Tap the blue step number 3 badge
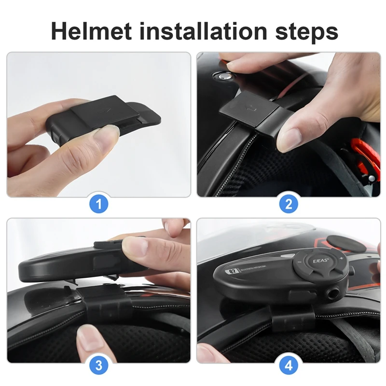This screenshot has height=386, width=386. (99, 365)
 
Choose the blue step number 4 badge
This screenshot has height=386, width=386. (289, 365)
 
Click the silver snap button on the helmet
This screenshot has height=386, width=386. (223, 76)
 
